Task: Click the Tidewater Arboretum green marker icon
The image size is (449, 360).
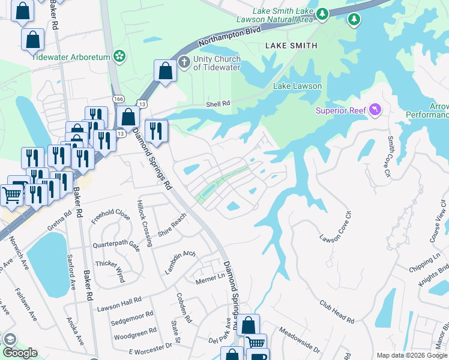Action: tap(120, 56)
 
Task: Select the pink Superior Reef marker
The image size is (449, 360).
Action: tap(376, 109)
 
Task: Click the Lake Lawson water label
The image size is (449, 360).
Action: tap(297, 86)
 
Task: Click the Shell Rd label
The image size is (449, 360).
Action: tap(218, 103)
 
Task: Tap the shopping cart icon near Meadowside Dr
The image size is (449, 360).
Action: tap(256, 343)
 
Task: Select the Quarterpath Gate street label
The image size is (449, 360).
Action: tap(116, 245)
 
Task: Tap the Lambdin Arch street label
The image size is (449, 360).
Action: tap(180, 262)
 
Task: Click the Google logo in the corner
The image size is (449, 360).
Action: tap(20, 353)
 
